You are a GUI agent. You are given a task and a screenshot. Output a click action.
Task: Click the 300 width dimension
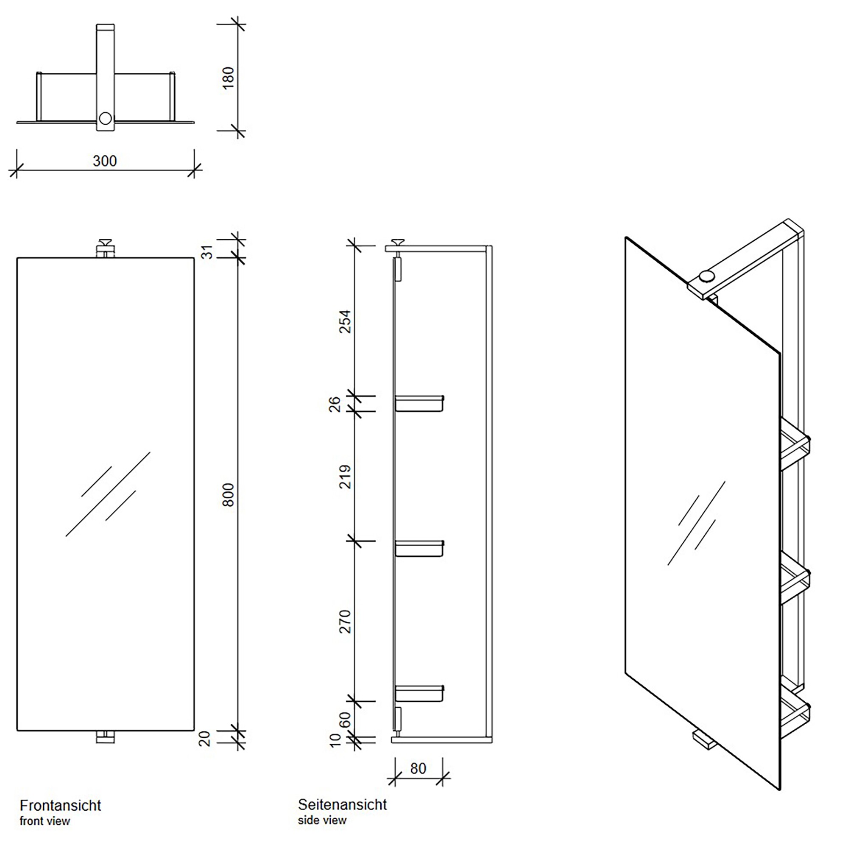(x=104, y=161)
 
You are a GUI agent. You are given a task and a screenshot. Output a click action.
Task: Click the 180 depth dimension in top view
(x=229, y=78)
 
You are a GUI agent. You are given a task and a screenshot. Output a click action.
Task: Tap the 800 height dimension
(x=229, y=495)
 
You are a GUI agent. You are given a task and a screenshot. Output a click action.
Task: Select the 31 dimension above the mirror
(x=207, y=252)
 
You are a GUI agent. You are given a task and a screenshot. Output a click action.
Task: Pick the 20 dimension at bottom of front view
(x=205, y=739)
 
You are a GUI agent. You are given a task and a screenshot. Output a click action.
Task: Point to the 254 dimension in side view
(x=346, y=322)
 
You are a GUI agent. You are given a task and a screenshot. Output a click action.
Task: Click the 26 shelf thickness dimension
(x=335, y=404)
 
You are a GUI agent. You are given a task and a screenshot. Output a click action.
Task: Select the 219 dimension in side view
(x=346, y=477)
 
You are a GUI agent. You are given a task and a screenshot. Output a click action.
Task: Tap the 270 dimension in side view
(x=346, y=622)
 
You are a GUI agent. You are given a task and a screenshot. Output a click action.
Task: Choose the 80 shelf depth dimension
(x=418, y=769)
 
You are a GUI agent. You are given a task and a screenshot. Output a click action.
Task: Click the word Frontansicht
(x=60, y=806)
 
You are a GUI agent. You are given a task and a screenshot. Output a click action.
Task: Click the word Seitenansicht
(x=342, y=805)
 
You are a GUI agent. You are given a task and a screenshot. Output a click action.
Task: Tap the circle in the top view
(x=105, y=119)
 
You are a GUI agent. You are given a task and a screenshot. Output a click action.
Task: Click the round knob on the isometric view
(x=706, y=276)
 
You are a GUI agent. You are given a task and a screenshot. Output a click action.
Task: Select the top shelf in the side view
(x=419, y=403)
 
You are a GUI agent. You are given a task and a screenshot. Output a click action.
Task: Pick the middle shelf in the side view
(x=419, y=549)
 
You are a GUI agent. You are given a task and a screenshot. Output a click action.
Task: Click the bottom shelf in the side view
(x=419, y=694)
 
